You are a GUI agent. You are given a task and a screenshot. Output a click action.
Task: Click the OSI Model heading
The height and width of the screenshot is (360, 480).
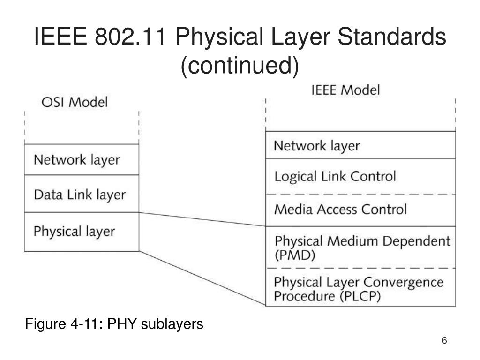(75, 102)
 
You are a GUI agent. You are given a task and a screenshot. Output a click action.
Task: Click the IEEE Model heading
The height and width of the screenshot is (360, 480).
(345, 90)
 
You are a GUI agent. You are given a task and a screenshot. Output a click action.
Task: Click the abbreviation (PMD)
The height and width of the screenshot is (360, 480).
(295, 256)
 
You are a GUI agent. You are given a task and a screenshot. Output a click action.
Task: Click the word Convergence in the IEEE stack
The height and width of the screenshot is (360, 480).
(403, 283)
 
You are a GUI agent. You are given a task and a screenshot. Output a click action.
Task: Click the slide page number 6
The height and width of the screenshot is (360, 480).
(444, 341)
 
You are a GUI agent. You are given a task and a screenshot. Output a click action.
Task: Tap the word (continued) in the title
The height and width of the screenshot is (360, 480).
(240, 66)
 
